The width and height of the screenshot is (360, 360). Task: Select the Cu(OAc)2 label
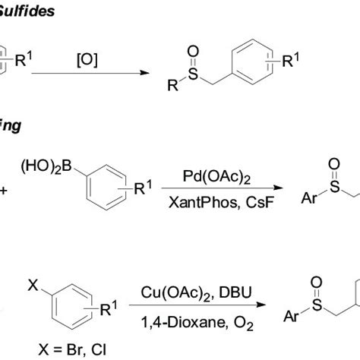172,292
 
